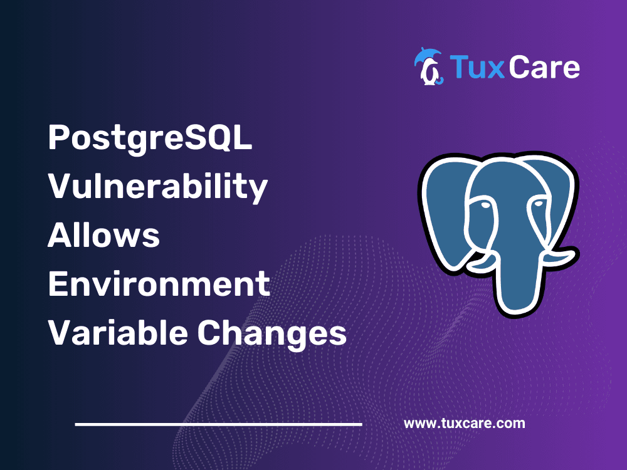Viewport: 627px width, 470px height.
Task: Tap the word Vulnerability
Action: pos(158,187)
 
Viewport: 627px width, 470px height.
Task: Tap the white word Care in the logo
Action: pos(544,66)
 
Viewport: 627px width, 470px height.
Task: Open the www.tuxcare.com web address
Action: pos(464,423)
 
